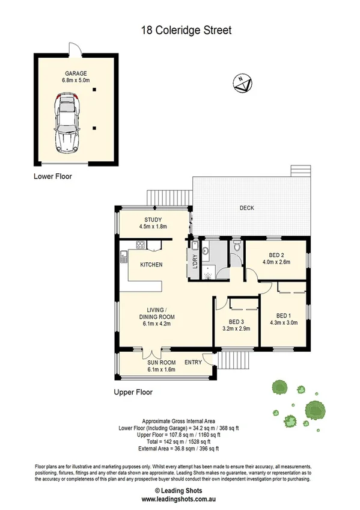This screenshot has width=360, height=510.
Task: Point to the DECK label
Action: [x=246, y=208]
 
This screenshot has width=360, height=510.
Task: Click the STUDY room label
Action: [x=153, y=220]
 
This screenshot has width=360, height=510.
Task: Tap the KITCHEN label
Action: [x=151, y=265]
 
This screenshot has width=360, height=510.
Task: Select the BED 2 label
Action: [x=276, y=254]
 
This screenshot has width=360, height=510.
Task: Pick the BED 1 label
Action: [x=284, y=315]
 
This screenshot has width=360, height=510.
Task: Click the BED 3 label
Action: [x=236, y=322]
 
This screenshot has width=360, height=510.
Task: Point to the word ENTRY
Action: [x=194, y=362]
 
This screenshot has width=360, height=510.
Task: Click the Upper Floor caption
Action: [x=133, y=392]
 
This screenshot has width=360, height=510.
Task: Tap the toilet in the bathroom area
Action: [x=236, y=247]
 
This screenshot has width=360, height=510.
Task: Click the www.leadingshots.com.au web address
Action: [x=180, y=499]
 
